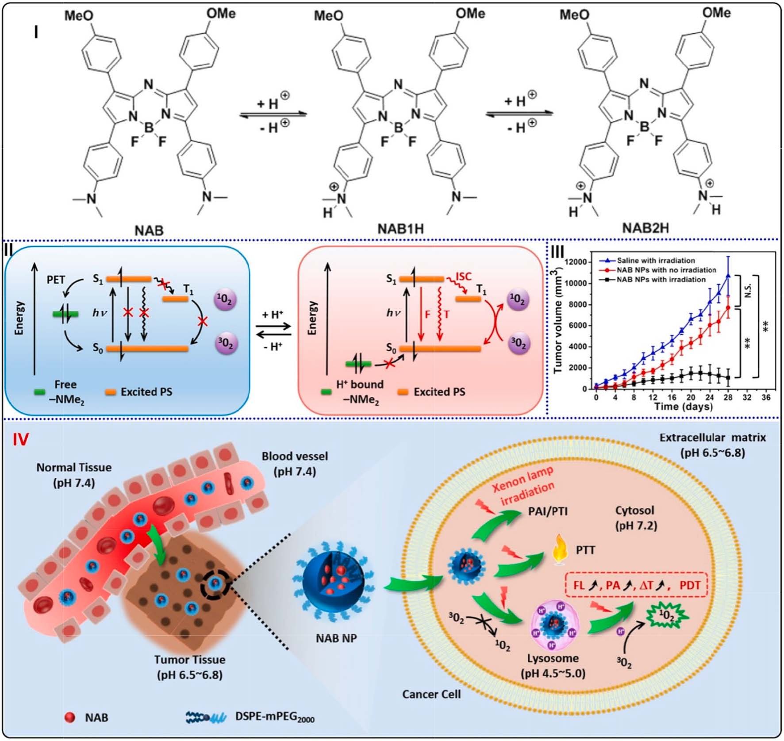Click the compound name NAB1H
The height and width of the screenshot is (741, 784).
click(400, 229)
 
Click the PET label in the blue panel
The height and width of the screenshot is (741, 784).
click(56, 280)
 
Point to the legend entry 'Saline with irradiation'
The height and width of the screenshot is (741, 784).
click(656, 261)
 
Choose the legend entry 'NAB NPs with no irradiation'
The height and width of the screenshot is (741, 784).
click(666, 270)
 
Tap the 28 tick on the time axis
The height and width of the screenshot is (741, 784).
click(728, 397)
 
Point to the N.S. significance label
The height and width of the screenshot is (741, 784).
click(748, 290)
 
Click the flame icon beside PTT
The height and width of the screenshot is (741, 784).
click(560, 550)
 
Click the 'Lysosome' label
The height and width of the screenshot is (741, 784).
click(553, 658)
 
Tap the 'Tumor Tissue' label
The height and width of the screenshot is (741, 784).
click(189, 660)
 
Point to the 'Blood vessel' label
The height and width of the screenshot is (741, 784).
click(295, 456)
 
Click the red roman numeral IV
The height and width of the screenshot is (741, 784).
click(21, 439)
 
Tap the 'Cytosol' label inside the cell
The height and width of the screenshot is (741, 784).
click(634, 510)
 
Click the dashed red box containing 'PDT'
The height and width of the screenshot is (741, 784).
click(636, 585)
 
